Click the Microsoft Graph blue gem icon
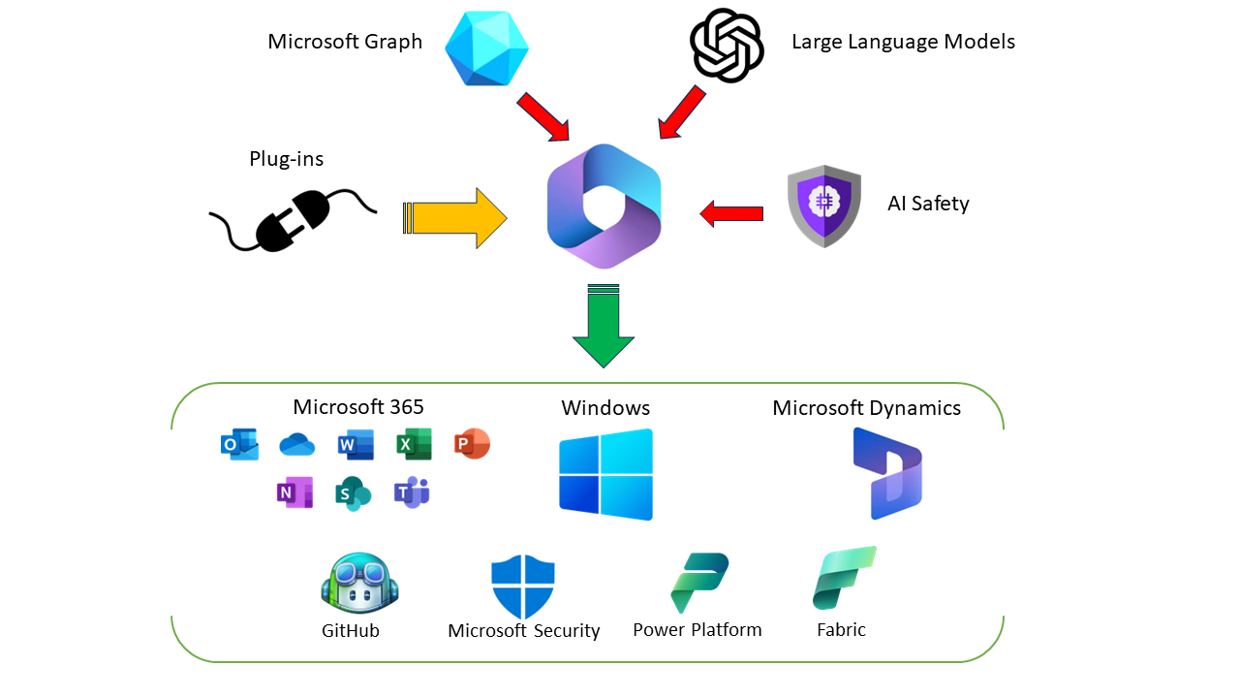(x=486, y=46)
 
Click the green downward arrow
(x=603, y=327)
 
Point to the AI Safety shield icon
(x=823, y=206)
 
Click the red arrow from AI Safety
(x=731, y=213)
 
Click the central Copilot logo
(x=604, y=206)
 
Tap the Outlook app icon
(x=239, y=444)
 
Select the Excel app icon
(x=414, y=444)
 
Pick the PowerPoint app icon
(x=472, y=444)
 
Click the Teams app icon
(x=412, y=492)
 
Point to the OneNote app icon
(x=294, y=492)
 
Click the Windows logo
(x=605, y=474)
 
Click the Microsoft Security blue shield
(x=523, y=587)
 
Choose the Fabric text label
(x=841, y=630)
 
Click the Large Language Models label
(x=903, y=42)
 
